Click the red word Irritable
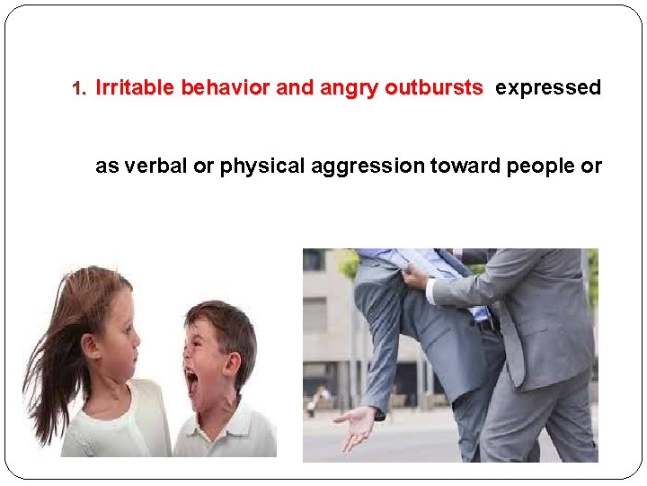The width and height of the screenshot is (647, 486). click(x=135, y=88)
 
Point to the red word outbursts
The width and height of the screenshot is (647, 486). click(x=433, y=88)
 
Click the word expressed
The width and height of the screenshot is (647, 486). click(x=548, y=88)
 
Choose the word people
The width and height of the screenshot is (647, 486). click(x=529, y=166)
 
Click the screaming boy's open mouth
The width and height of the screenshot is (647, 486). click(x=191, y=382)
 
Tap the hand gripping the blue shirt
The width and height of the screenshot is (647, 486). click(x=414, y=279)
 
